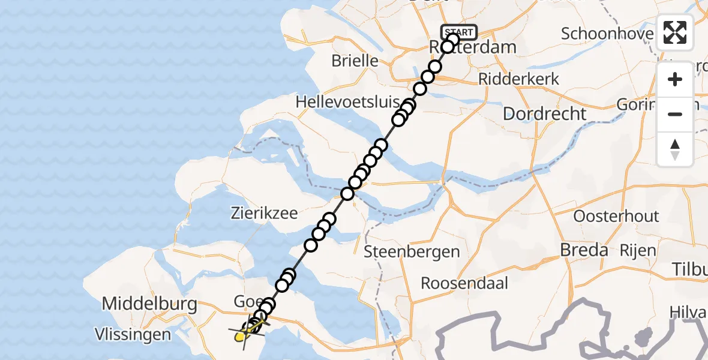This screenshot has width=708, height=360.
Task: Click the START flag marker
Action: click(x=459, y=32)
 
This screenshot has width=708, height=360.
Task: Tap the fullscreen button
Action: click(x=675, y=32)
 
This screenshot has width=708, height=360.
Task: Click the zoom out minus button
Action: click(x=675, y=114)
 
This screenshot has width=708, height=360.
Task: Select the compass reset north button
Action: click(x=675, y=149)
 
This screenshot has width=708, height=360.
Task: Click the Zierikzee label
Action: click(x=265, y=213)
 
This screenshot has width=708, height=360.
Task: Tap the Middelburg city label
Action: click(x=149, y=304)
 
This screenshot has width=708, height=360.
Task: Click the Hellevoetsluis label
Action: click(x=343, y=103)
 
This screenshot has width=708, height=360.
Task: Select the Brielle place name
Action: click(x=355, y=61)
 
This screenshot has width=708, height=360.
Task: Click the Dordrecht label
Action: click(x=544, y=113)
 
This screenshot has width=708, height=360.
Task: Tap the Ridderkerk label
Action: click(x=519, y=79)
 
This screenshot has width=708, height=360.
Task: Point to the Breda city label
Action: click(x=584, y=250)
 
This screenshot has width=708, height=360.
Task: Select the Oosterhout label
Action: click(x=616, y=216)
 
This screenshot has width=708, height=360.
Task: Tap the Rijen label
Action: click(x=638, y=250)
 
